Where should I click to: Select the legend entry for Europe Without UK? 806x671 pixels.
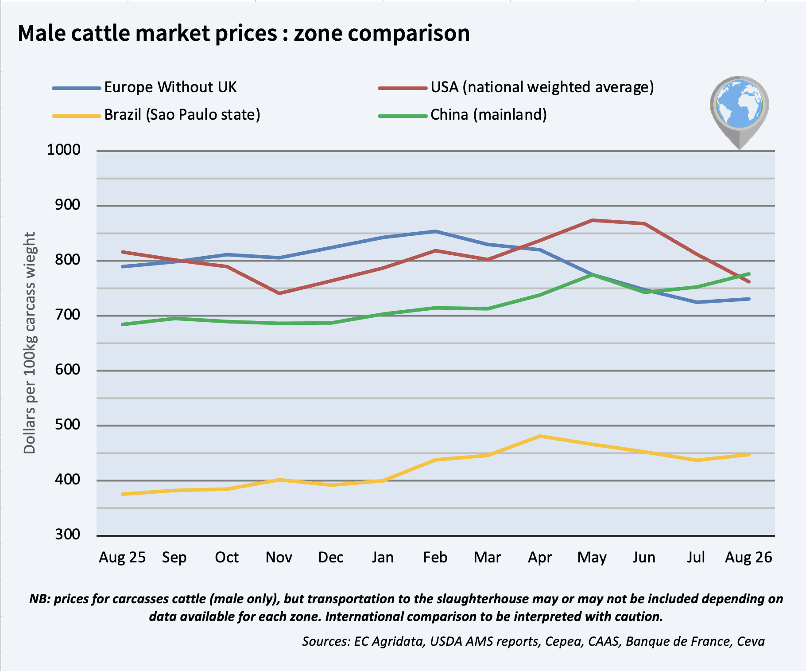point(144,87)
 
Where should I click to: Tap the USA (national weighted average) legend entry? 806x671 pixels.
point(516,87)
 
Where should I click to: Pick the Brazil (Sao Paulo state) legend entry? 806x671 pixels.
point(156,115)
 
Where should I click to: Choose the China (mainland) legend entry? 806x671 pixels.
point(462,115)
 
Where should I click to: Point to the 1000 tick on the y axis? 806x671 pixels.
point(64,150)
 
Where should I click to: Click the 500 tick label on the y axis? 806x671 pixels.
point(68,425)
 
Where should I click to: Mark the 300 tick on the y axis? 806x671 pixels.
point(68,534)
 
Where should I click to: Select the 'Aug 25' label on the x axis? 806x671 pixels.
point(122,557)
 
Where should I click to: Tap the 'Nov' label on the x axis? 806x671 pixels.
point(279,557)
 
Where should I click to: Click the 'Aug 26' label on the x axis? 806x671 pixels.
point(748,557)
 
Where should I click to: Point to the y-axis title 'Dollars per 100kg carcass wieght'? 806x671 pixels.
point(30,343)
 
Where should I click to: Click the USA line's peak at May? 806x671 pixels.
point(593,220)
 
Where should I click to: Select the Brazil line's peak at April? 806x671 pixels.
point(540,436)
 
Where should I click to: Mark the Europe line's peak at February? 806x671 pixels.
point(436,231)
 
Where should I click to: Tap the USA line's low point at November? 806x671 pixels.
point(279,293)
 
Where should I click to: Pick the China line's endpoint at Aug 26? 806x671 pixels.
point(749,274)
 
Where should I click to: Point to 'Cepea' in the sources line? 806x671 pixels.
point(563,641)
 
